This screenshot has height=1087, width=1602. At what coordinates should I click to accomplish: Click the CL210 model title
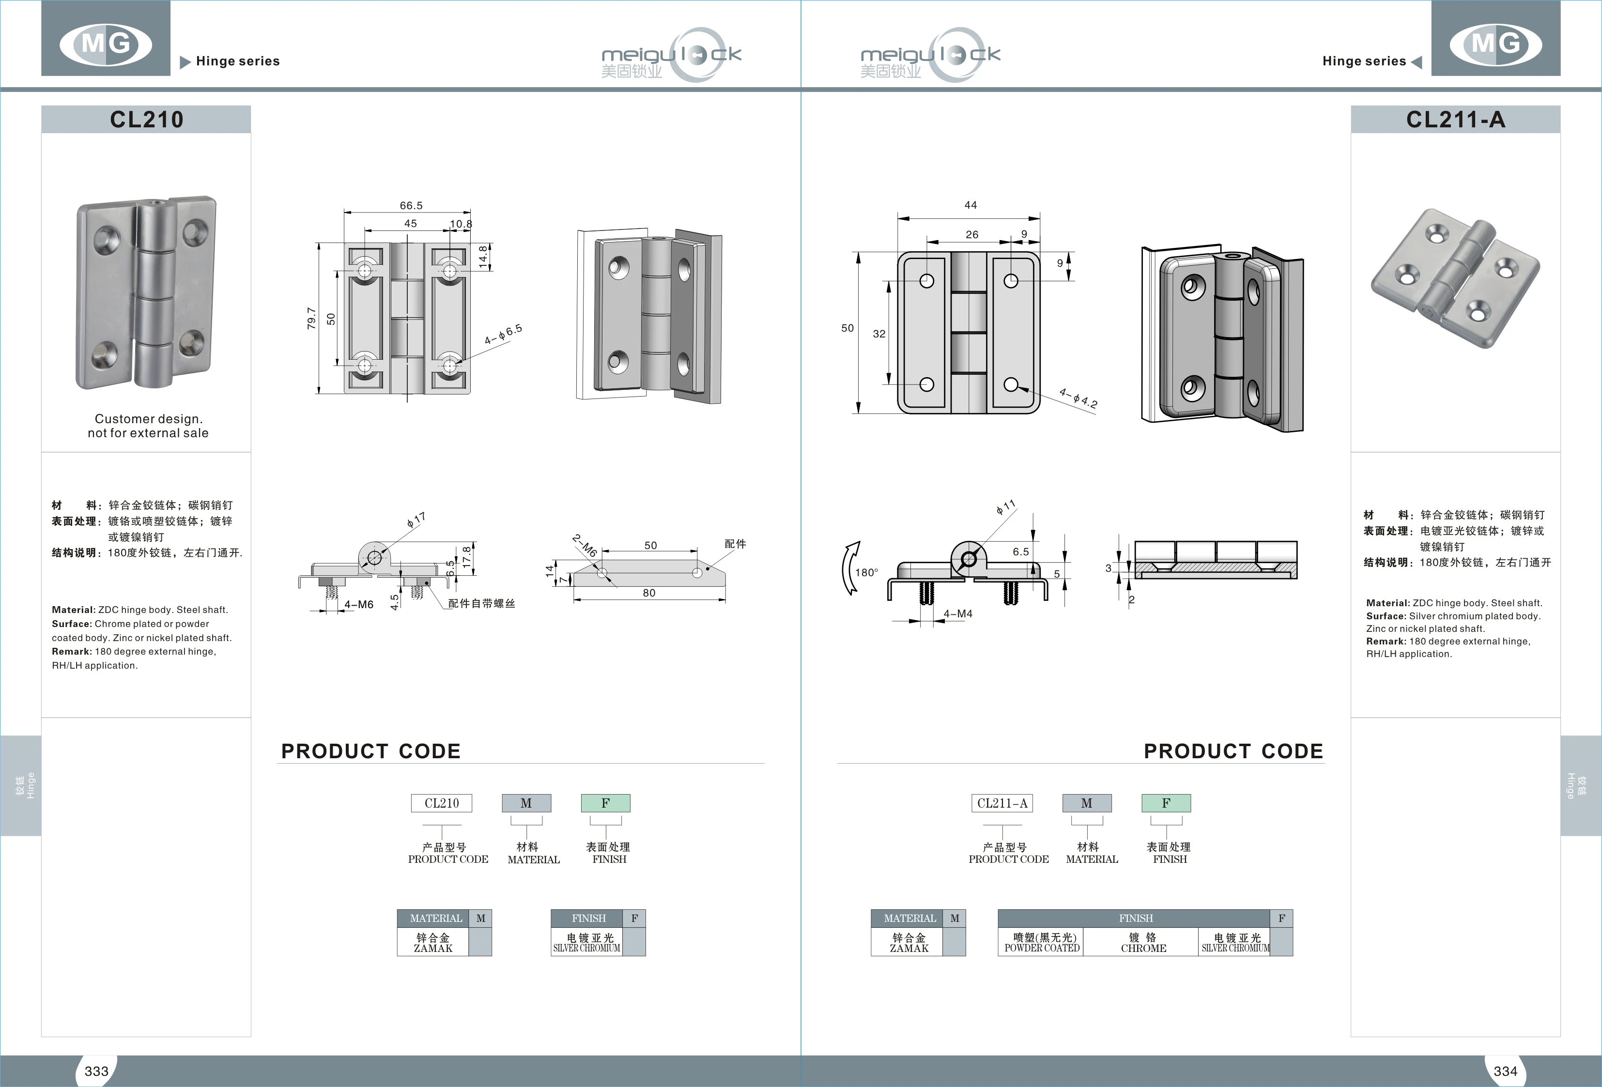(146, 119)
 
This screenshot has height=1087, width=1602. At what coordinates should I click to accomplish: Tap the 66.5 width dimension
(411, 205)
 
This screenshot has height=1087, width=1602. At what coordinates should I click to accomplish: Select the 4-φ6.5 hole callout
(503, 334)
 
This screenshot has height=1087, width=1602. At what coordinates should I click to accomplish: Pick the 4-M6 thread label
(358, 604)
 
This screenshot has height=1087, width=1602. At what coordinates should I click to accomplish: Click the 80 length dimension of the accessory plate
(648, 593)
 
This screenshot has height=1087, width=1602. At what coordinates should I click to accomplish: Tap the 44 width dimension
(970, 205)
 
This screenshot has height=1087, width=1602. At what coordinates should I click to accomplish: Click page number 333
(96, 1071)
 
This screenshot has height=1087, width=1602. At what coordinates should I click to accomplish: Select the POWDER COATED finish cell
(1042, 942)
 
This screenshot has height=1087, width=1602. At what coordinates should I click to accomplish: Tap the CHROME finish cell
(1143, 942)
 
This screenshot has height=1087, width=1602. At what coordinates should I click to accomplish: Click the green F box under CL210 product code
(605, 803)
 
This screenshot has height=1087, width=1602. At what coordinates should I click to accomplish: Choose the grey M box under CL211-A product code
(1086, 803)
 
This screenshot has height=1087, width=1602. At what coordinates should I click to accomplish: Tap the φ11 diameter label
(1006, 508)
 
